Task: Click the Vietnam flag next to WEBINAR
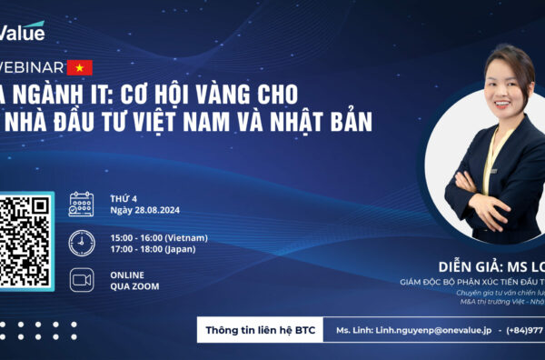point(80,66)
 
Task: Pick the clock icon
point(81,242)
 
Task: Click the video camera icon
point(81,279)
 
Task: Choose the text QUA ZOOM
point(134,286)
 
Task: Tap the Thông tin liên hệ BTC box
point(261,329)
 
